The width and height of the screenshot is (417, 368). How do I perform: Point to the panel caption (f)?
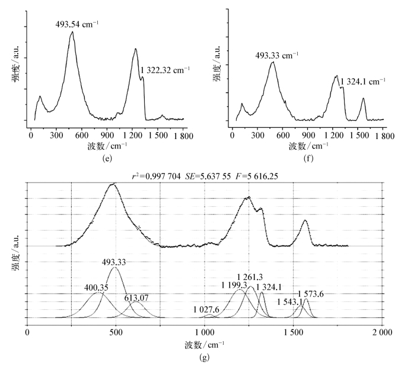point(307,159)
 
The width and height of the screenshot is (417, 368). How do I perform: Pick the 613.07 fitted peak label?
point(136,297)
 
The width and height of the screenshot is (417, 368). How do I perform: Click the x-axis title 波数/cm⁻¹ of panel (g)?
point(204,345)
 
